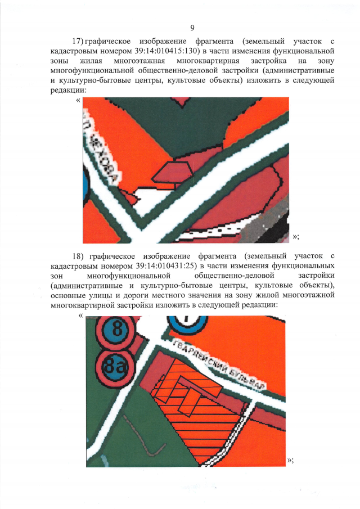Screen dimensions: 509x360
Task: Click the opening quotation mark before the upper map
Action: click(x=77, y=101)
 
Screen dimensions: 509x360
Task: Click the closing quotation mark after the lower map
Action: click(x=290, y=460)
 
